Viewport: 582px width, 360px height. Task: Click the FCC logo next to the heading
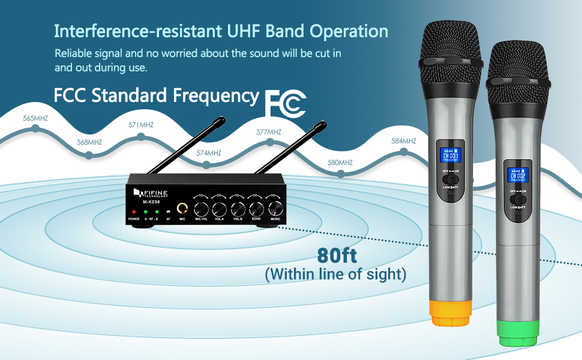(286, 103)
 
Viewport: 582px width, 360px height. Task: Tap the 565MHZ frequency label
(35, 118)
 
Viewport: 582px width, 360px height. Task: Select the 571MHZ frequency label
(141, 125)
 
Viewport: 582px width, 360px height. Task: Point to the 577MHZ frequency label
(268, 132)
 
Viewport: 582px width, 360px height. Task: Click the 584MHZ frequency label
(403, 141)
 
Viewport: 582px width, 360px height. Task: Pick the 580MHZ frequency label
(340, 163)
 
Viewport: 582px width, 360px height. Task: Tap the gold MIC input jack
(182, 209)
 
